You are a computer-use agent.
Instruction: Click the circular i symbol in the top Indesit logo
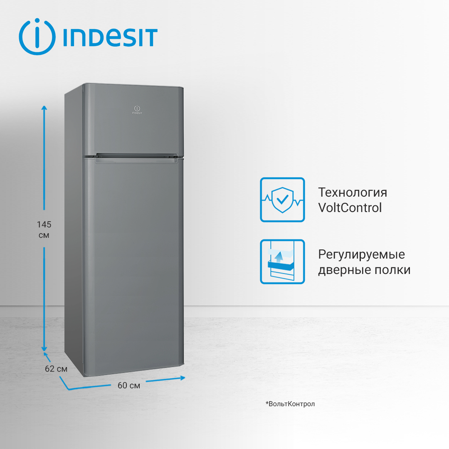tap(37, 37)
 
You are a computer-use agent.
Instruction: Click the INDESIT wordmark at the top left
tap(110, 37)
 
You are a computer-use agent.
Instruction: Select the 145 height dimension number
tap(44, 224)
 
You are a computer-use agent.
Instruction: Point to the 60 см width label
tap(129, 385)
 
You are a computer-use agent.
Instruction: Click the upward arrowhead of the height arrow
tap(44, 108)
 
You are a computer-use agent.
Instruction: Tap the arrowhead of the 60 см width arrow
tap(182, 377)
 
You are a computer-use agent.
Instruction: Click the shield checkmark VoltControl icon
tap(282, 200)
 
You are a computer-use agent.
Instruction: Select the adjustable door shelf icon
tap(282, 262)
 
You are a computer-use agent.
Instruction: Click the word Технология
tap(353, 192)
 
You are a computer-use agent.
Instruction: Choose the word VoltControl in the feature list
tap(350, 207)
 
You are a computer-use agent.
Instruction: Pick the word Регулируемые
tap(361, 254)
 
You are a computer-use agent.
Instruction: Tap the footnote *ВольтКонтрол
tap(290, 404)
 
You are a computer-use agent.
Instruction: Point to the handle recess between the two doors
tap(137, 157)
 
